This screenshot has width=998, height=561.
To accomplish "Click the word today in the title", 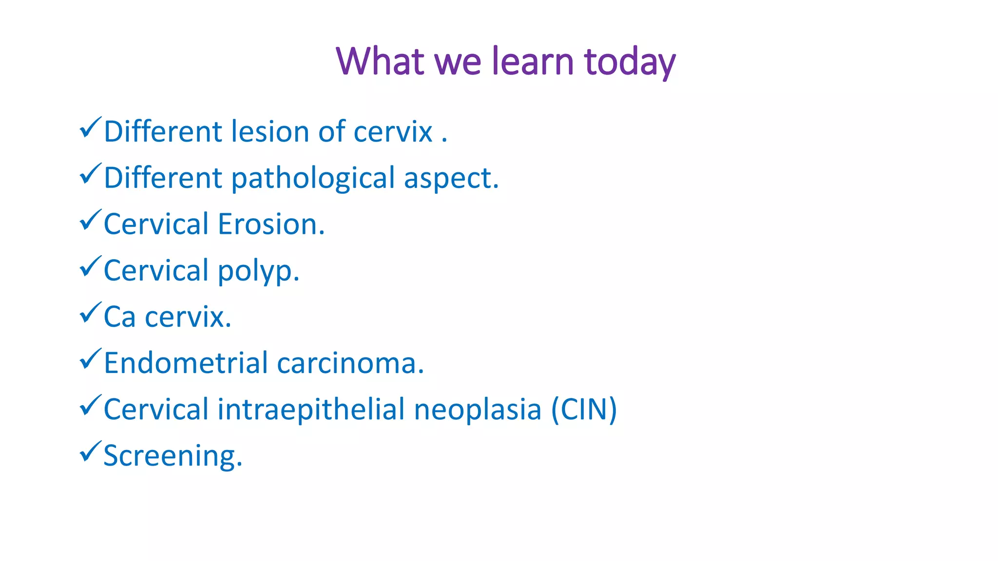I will pos(630,62).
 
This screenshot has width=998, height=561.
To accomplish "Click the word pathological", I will pos(313,178).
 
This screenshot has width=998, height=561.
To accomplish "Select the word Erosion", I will pos(271,224).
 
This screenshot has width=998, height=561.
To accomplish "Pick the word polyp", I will pos(258,271).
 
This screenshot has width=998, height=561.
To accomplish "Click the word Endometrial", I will pos(186,363).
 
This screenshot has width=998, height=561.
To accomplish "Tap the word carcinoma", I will pos(350,363).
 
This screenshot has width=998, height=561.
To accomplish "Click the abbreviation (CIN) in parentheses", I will pos(584,410).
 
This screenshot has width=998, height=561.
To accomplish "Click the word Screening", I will pos(173,456).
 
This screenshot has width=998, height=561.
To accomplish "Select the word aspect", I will pos(451,178).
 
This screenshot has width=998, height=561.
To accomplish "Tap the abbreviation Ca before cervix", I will pos(119,317).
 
